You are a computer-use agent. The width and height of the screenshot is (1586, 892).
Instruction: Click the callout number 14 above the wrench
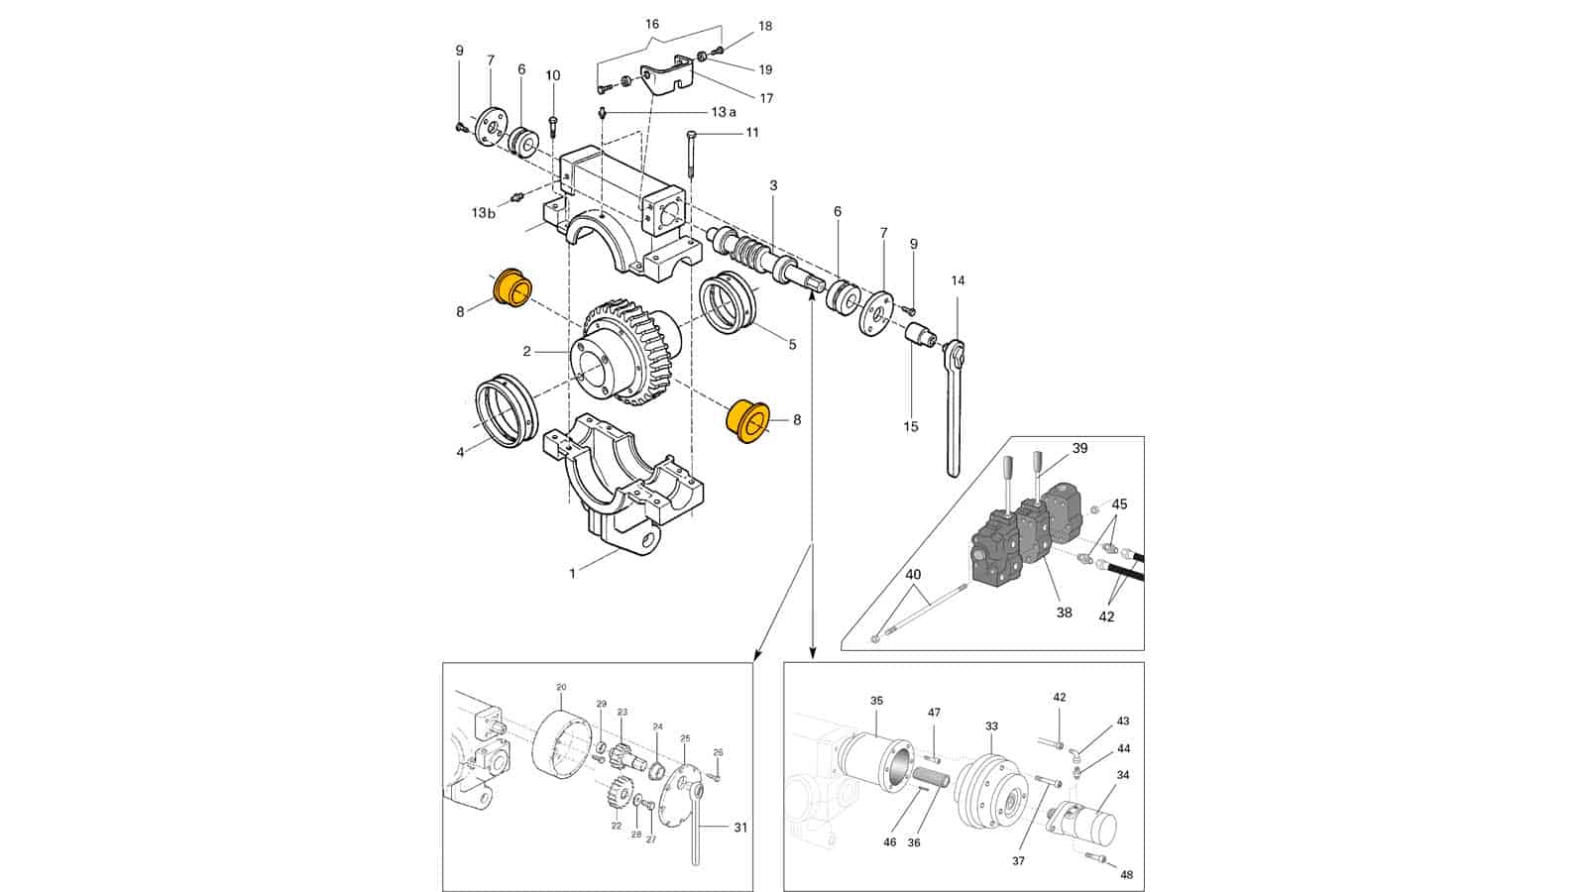click(x=958, y=281)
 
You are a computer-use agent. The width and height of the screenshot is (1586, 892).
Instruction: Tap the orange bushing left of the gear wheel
click(x=511, y=287)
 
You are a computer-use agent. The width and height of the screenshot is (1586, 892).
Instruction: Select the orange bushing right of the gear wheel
click(x=748, y=420)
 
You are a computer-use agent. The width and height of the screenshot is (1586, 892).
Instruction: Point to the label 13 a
click(x=724, y=112)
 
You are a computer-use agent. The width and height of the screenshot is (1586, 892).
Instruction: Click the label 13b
click(x=484, y=212)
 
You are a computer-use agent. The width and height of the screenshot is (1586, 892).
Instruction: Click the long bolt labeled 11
click(x=691, y=155)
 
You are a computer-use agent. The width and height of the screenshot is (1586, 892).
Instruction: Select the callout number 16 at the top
click(x=652, y=24)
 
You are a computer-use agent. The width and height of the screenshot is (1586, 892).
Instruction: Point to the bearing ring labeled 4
click(x=507, y=411)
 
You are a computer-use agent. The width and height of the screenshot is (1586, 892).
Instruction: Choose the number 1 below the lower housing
click(x=573, y=574)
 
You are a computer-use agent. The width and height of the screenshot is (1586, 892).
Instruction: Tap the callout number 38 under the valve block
click(x=1065, y=613)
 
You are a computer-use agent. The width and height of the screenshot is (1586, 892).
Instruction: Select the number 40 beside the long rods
click(x=913, y=575)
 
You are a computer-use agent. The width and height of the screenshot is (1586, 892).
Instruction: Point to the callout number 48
click(x=1126, y=876)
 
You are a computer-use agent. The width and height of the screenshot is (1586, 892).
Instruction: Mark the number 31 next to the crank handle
click(x=740, y=828)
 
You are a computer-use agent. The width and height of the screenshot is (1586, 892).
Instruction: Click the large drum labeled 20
click(x=561, y=743)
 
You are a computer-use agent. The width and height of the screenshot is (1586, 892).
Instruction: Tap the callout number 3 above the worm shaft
click(x=773, y=185)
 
